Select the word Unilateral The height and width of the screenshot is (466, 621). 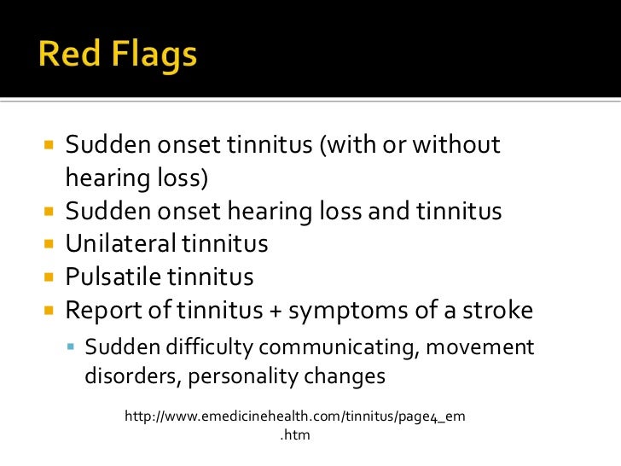tap(122, 244)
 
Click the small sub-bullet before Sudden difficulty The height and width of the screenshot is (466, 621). tap(74, 348)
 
